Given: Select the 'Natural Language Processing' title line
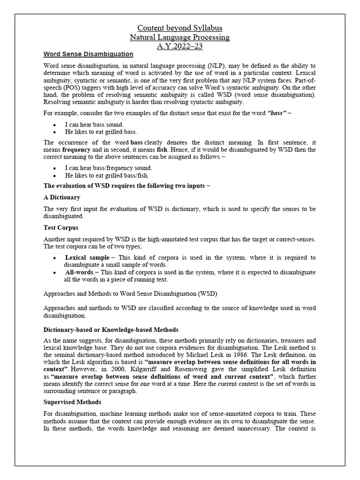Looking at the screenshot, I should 180,37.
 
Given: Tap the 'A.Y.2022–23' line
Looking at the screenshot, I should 180,46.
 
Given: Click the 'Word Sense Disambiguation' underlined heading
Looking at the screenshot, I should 88,54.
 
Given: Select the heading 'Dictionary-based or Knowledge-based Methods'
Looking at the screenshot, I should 111,330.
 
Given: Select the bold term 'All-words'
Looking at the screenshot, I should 79,272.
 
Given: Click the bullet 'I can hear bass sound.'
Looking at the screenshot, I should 94,124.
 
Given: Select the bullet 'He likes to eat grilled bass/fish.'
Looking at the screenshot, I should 107,175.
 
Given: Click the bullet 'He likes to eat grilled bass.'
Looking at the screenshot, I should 101,132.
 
